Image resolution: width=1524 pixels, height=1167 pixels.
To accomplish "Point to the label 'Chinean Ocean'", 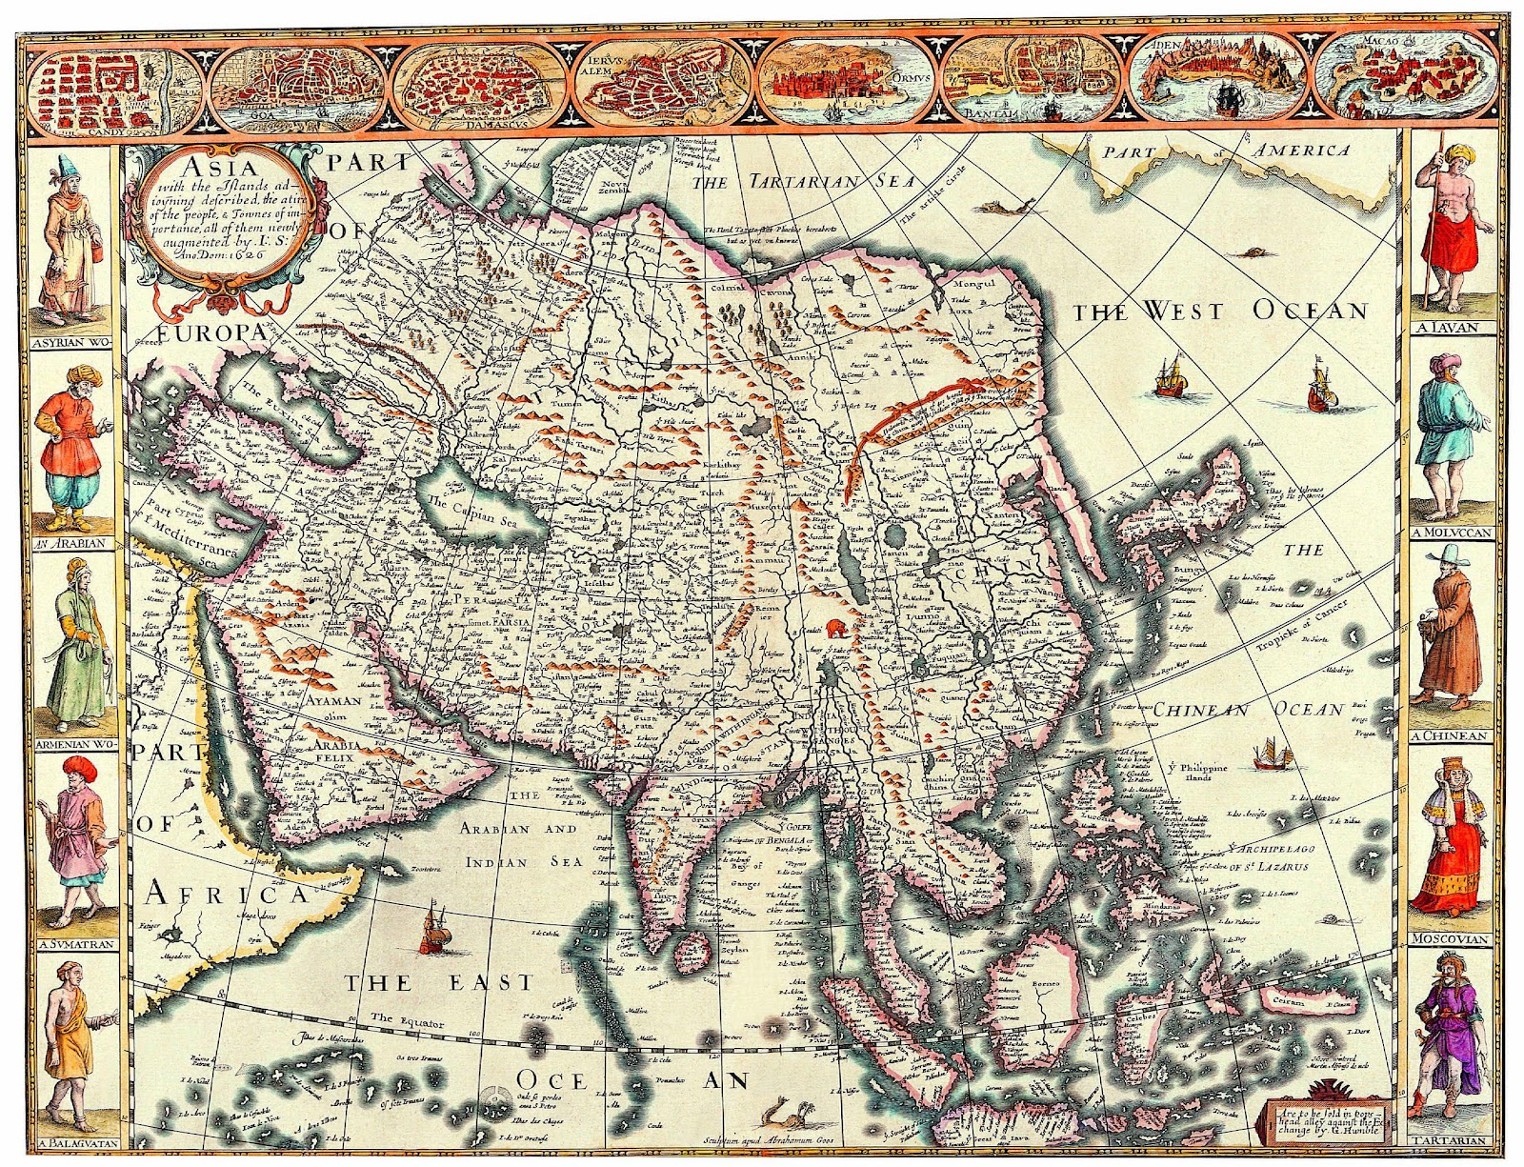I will click(1249, 710).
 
